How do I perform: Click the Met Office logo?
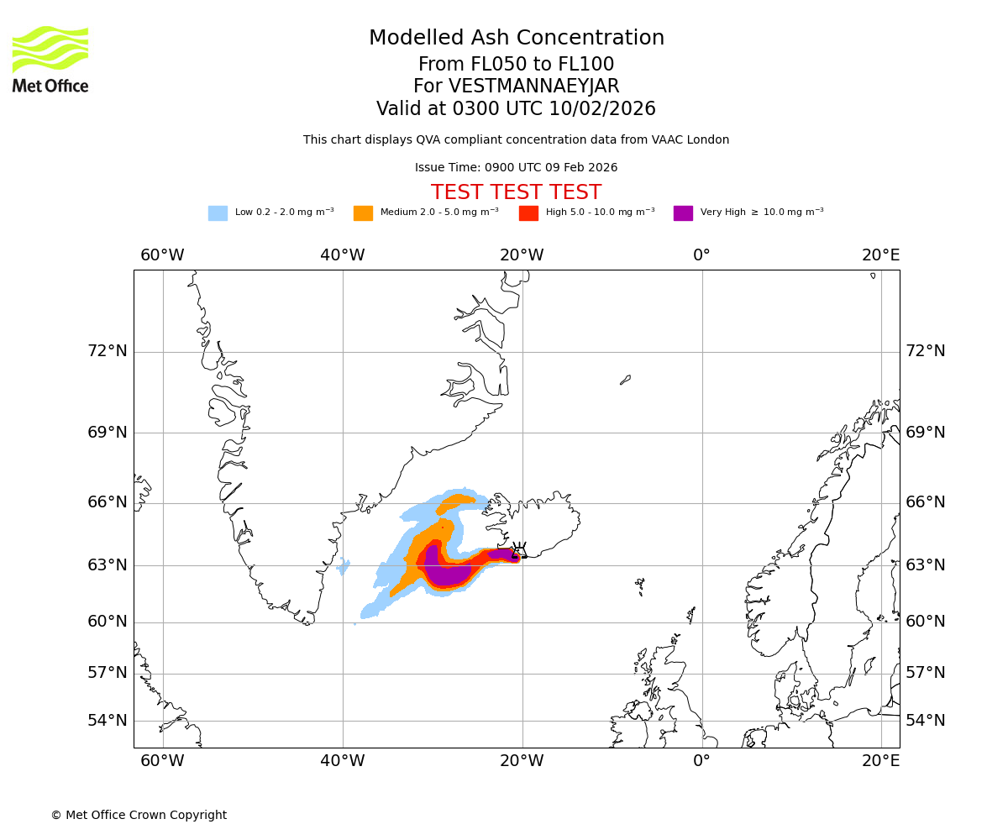(x=50, y=60)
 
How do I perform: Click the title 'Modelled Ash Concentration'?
(x=517, y=39)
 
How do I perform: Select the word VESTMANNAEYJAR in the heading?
(x=534, y=87)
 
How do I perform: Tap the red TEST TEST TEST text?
(x=516, y=192)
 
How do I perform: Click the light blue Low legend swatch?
(x=218, y=213)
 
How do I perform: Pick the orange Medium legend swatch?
(x=363, y=213)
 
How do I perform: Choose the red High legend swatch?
(x=528, y=213)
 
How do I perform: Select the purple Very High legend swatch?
(x=683, y=213)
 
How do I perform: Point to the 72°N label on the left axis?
(x=108, y=351)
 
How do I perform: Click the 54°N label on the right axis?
(x=925, y=721)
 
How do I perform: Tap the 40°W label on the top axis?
(x=342, y=255)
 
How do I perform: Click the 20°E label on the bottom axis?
(x=880, y=761)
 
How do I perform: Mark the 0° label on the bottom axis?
(x=701, y=761)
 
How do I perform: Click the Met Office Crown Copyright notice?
(x=139, y=815)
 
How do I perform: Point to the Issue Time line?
(x=516, y=168)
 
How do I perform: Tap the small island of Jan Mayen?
(x=625, y=381)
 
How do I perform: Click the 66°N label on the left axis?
(x=108, y=502)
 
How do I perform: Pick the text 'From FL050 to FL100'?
(x=516, y=65)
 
